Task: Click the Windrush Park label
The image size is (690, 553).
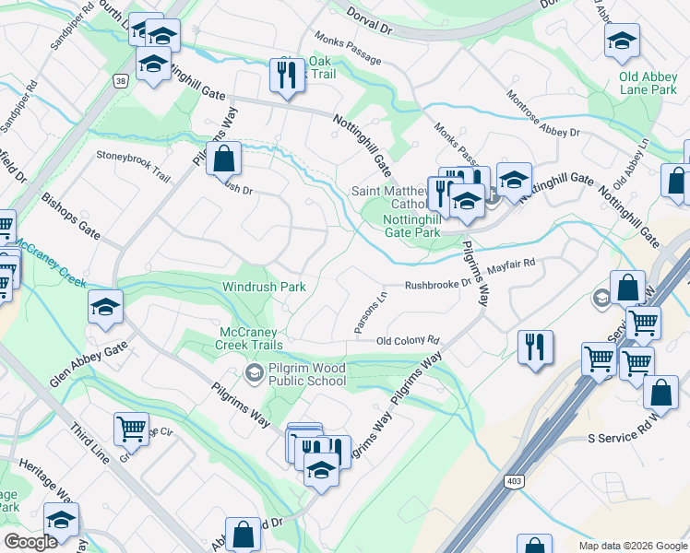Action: click(x=263, y=287)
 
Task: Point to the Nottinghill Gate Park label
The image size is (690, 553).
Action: click(x=423, y=227)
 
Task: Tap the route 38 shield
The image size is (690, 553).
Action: click(x=121, y=81)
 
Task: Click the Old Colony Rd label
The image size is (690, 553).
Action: click(x=407, y=341)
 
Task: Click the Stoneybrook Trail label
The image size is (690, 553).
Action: click(x=134, y=156)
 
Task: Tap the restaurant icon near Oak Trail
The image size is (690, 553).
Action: click(x=287, y=75)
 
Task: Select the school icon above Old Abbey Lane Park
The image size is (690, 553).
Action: click(x=622, y=41)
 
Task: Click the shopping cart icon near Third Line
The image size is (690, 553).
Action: click(x=131, y=428)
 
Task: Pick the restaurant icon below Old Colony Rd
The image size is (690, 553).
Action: click(x=535, y=347)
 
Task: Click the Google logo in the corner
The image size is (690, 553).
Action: click(x=31, y=541)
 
